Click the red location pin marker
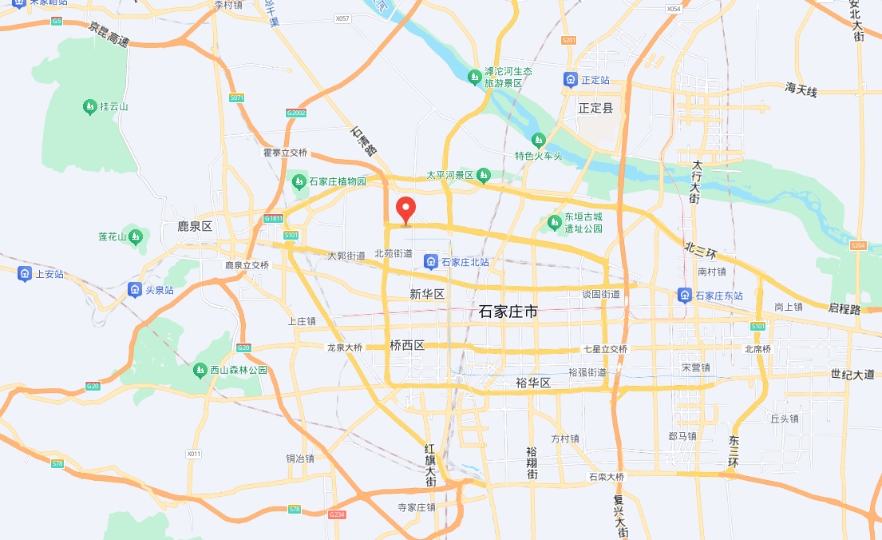coord(406,209)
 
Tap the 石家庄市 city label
coord(508,312)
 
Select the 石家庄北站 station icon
coord(431,262)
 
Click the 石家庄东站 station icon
coord(685,296)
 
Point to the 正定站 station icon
coord(571,80)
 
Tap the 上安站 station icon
coord(25,274)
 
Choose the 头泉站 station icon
coord(135,290)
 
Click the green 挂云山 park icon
coord(89,106)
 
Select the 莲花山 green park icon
coord(136,236)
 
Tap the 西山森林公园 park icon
coord(200,370)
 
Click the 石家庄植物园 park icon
coord(299,181)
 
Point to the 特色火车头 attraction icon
coord(539,141)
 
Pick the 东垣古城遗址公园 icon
coord(555,221)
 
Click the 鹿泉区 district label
coord(195,227)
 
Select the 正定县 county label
coord(595,108)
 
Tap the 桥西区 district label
coord(407,346)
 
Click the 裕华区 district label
coord(534,383)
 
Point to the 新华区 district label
coord(426,294)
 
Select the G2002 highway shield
coord(296,113)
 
